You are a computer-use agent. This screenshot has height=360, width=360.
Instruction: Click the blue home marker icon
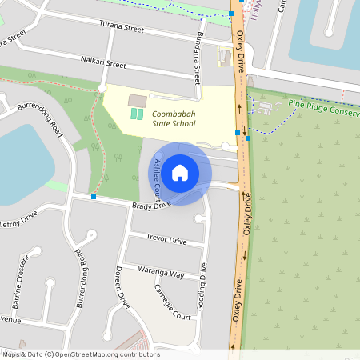(x=180, y=172)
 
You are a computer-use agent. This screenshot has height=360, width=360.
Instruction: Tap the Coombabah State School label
(x=174, y=119)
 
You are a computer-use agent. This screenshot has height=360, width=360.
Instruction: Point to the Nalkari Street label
(x=103, y=62)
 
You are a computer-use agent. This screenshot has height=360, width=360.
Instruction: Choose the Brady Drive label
(x=151, y=206)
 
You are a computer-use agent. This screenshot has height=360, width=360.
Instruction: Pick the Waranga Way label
(x=161, y=273)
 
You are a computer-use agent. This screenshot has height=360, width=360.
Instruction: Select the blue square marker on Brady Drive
(x=94, y=196)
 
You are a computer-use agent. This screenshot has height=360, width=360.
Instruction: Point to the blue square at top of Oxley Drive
(x=231, y=14)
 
